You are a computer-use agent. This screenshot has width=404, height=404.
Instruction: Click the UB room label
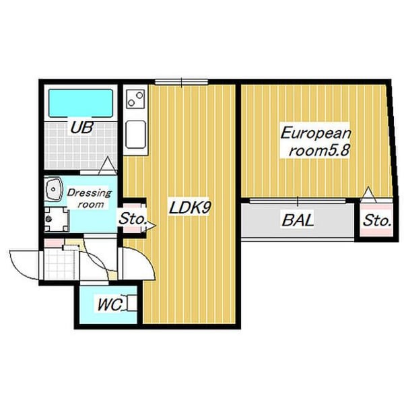(x=81, y=127)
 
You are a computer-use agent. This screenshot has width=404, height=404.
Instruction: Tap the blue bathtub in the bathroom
(x=81, y=103)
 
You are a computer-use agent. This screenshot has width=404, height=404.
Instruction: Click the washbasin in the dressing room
(x=54, y=189)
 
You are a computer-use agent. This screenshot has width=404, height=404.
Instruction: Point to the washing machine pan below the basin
(x=56, y=219)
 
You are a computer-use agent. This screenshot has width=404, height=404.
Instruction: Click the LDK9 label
(x=190, y=207)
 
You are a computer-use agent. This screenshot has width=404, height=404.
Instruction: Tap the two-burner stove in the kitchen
(x=135, y=99)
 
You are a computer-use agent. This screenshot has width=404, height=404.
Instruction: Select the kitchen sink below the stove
(x=135, y=135)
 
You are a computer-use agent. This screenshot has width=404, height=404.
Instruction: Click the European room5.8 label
(x=316, y=142)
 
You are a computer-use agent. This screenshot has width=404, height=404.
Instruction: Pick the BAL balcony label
(x=298, y=221)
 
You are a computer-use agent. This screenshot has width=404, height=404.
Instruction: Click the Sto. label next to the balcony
(x=376, y=221)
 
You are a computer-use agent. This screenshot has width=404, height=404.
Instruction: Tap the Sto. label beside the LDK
(x=133, y=219)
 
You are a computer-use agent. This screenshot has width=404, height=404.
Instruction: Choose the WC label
(x=110, y=305)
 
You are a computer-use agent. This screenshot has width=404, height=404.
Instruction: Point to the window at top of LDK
(x=181, y=82)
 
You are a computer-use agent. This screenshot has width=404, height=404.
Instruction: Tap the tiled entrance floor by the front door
(x=61, y=263)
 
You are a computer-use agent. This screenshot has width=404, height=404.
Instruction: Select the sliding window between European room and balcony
(x=298, y=201)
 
